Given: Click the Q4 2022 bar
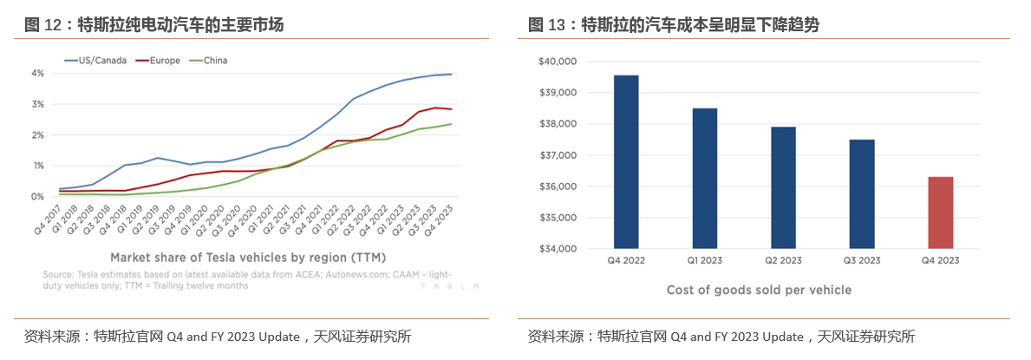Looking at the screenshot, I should pyautogui.click(x=626, y=162).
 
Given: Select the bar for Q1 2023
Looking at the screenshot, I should pyautogui.click(x=704, y=179).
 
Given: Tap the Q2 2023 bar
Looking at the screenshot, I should pyautogui.click(x=783, y=188).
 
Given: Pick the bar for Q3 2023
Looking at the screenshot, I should pyautogui.click(x=862, y=194).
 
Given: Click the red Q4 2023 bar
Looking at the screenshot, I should pyautogui.click(x=940, y=213).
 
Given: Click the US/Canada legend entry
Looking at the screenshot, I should pyautogui.click(x=96, y=60).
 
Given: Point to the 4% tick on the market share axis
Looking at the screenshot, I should pyautogui.click(x=37, y=73).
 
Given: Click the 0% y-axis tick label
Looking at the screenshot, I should pyautogui.click(x=37, y=197).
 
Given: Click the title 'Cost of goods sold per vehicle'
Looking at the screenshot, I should pyautogui.click(x=759, y=290).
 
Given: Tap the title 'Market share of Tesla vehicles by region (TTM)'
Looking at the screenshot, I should pyautogui.click(x=248, y=258).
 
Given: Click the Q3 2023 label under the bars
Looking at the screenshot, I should pyautogui.click(x=861, y=260).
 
